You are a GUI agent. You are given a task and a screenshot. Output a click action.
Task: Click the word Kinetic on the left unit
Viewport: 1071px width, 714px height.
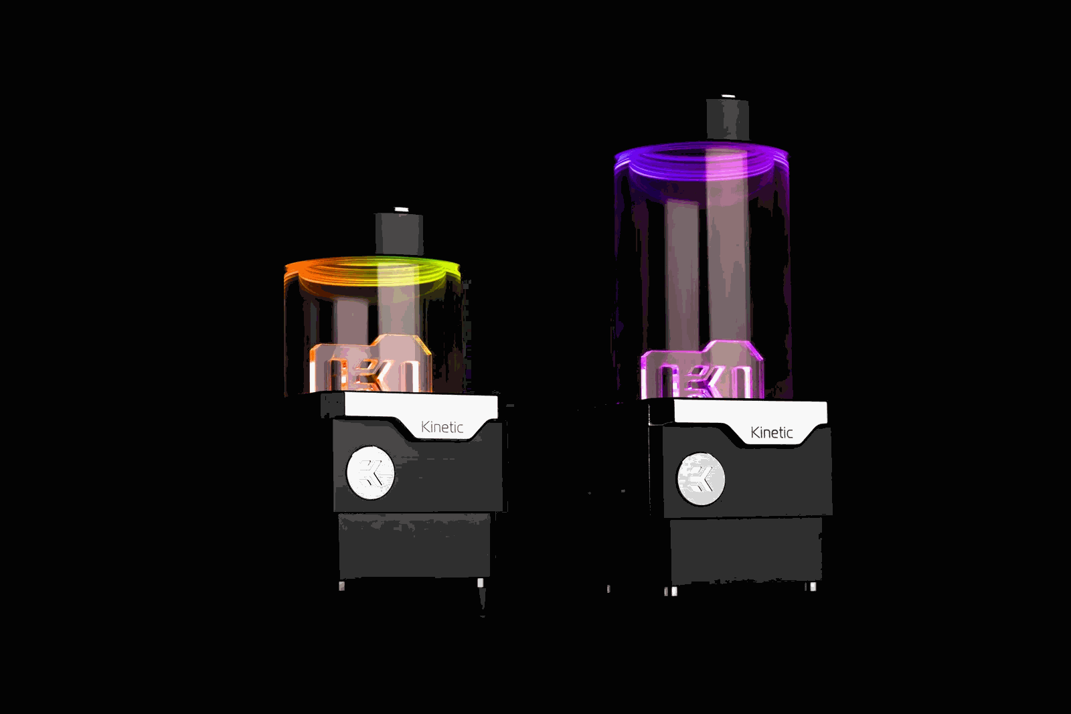tap(442, 427)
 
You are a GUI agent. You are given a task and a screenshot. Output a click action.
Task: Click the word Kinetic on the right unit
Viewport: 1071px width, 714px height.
tap(771, 432)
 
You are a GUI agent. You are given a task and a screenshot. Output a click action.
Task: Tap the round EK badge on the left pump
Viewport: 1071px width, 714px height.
tap(370, 472)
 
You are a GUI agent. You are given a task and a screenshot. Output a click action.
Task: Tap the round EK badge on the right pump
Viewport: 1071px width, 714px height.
tap(700, 479)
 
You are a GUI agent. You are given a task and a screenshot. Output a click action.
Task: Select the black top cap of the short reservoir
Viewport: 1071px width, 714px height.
tap(399, 234)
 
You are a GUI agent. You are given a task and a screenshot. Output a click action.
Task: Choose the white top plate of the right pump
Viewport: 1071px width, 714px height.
tap(743, 411)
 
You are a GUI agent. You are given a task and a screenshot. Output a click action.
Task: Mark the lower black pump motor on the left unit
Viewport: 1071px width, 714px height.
tap(414, 545)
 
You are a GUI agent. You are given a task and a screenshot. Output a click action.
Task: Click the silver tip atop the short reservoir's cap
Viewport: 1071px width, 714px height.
tap(401, 210)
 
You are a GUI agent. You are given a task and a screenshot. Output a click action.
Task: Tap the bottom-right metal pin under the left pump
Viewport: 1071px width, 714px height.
tap(481, 584)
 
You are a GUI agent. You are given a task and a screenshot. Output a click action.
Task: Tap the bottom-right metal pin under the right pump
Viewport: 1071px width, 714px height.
tap(813, 587)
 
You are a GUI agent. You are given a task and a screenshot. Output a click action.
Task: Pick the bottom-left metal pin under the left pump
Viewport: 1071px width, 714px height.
tap(342, 586)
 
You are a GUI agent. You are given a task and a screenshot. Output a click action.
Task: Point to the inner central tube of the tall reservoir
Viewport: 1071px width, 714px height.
tap(682, 268)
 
